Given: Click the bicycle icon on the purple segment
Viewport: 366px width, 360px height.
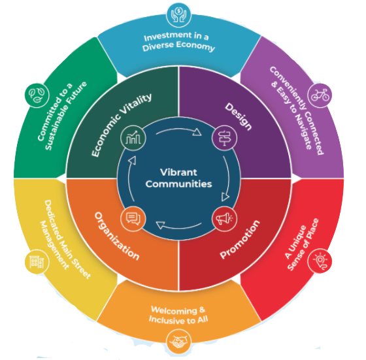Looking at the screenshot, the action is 320,95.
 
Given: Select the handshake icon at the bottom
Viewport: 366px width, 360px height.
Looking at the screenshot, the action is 179,341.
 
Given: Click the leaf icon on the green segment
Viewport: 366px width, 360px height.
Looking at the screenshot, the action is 37,95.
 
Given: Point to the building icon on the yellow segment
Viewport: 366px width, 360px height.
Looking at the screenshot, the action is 37,262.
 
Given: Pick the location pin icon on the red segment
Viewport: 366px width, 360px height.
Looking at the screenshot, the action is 320,261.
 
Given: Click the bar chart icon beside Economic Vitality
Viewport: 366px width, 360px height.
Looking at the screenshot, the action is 133,138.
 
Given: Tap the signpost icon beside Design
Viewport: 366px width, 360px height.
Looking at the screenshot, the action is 224,138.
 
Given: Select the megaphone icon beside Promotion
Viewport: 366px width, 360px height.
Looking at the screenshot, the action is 224,219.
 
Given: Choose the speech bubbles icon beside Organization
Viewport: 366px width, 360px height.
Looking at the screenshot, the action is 133,219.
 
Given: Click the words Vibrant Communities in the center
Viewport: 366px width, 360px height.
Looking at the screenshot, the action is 179,178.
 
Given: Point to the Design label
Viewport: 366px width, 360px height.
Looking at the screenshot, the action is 239,116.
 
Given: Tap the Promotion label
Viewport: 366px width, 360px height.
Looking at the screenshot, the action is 240,239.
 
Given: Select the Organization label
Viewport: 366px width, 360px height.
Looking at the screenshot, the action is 117,236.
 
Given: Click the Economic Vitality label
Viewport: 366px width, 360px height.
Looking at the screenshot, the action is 121,125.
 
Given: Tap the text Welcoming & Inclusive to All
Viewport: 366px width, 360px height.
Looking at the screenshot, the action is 178,315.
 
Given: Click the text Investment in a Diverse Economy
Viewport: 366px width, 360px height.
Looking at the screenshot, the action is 178,42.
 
